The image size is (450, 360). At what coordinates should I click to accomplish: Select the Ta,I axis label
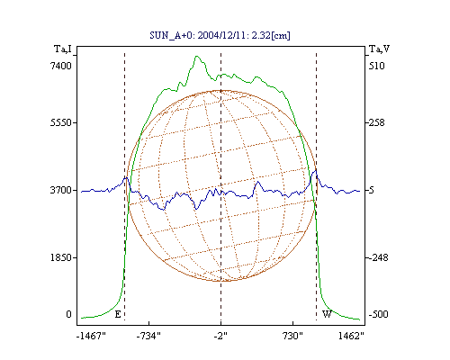(63, 49)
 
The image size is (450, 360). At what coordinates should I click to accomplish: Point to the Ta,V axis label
(379, 49)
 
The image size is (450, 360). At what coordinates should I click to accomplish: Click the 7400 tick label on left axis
(61, 66)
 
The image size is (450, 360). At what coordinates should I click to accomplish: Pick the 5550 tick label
(59, 122)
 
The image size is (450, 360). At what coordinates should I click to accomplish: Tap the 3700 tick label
(59, 190)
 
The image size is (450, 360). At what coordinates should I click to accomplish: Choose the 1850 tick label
(59, 257)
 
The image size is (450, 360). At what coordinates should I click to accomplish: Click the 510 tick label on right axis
(377, 66)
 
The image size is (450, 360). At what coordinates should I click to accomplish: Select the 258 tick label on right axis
(377, 122)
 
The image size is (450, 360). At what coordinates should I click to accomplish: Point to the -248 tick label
(378, 257)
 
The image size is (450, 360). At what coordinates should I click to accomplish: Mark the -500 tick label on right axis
(378, 314)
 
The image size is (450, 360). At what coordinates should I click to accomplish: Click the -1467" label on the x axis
(91, 336)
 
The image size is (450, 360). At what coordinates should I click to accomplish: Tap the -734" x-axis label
(148, 336)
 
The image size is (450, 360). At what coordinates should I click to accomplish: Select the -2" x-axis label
(220, 336)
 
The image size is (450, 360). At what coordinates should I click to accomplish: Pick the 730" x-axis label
(292, 336)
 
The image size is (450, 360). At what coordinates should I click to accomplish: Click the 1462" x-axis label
(351, 336)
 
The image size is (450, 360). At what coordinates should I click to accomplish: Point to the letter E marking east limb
(118, 314)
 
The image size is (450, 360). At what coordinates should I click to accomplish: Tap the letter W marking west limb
(327, 314)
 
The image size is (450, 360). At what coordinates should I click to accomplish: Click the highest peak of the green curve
(197, 56)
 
